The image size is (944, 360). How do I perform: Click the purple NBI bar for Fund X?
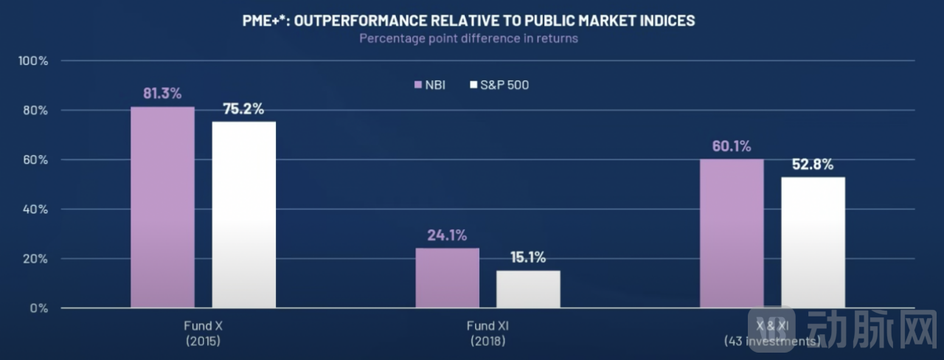click(163, 207)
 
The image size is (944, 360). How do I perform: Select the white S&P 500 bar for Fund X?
click(244, 215)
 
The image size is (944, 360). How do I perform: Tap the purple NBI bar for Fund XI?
click(447, 277)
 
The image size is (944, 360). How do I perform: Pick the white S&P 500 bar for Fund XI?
click(528, 289)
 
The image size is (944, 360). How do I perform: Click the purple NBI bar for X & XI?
click(732, 233)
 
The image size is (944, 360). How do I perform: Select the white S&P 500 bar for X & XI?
click(813, 242)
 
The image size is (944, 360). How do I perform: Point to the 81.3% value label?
click(162, 94)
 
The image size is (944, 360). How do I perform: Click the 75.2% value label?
click(243, 108)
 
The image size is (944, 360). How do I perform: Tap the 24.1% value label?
click(447, 235)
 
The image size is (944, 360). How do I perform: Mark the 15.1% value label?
click(527, 257)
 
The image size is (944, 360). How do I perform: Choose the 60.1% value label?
click(731, 146)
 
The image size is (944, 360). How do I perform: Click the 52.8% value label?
click(813, 165)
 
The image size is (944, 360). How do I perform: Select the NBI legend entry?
click(430, 85)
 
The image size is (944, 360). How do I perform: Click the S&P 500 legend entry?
click(499, 85)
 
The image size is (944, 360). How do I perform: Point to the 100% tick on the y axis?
click(34, 60)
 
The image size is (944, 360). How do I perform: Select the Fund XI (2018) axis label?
click(487, 333)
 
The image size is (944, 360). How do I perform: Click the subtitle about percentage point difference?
click(468, 38)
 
